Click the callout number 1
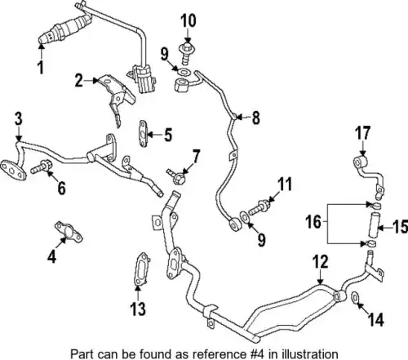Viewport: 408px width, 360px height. coord(41,68)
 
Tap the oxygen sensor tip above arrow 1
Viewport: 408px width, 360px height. coord(42,40)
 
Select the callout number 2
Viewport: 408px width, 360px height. coord(79,81)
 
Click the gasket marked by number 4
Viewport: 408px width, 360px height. coord(69,232)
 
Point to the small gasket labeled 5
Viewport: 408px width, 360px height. coord(144,134)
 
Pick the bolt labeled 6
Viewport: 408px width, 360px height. coord(42,167)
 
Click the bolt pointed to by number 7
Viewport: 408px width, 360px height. coord(176,176)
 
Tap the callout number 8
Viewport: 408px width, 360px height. coord(255,118)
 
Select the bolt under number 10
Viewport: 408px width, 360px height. coord(186,52)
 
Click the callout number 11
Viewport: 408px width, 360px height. coord(285,184)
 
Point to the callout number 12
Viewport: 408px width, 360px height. coord(321,262)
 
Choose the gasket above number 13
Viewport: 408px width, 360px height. coord(141,269)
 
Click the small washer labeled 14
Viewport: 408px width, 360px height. coord(356,297)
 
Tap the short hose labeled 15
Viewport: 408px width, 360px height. coord(374,225)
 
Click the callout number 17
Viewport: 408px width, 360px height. coord(363,133)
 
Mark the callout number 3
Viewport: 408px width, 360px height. coord(19,119)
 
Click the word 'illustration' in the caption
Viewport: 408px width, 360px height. coord(310,354)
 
